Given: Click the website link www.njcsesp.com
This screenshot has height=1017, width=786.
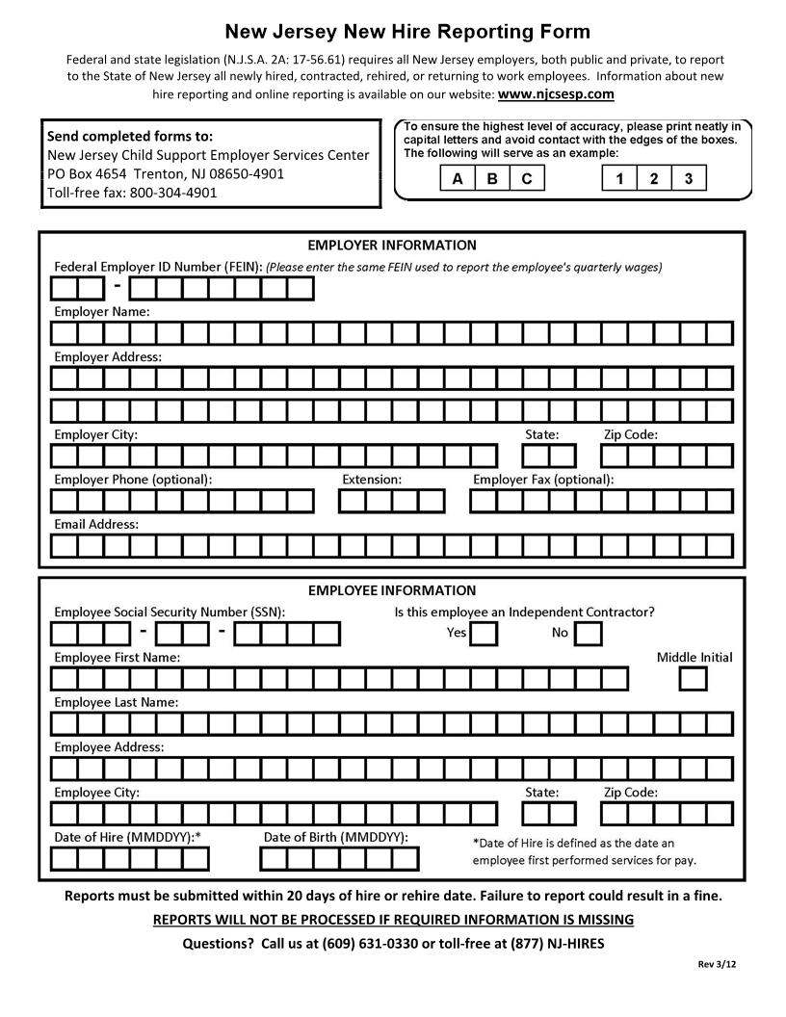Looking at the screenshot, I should (x=556, y=94).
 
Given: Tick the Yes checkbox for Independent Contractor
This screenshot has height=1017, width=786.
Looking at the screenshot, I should (x=485, y=633).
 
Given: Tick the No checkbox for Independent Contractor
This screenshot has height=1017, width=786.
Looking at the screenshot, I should (x=589, y=633).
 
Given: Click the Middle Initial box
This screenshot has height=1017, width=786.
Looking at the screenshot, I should (x=693, y=678).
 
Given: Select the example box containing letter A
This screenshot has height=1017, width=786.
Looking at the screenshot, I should (x=458, y=178).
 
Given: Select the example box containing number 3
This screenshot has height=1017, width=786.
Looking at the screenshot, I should (x=688, y=178).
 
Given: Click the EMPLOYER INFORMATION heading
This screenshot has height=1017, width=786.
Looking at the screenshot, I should (x=392, y=246).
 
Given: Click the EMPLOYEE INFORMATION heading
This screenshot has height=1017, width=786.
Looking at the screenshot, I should (x=392, y=590).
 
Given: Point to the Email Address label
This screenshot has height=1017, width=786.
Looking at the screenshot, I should (x=96, y=525).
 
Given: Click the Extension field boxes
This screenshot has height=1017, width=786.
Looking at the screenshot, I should (x=392, y=501).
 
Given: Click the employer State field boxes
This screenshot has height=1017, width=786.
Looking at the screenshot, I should (x=549, y=456).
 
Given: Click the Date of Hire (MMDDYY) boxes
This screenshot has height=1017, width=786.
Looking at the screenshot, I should (x=129, y=858).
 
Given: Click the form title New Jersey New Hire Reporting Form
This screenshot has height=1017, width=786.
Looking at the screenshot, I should (x=406, y=33).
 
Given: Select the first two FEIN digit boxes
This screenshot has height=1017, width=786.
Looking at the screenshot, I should (x=77, y=288).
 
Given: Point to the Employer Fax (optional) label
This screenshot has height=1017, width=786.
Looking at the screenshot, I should (x=543, y=479).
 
